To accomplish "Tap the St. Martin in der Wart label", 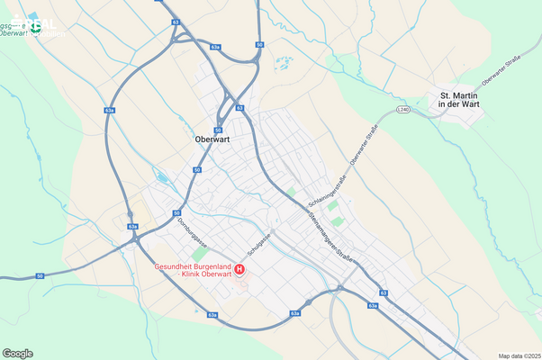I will [456, 99].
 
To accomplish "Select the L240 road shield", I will [402, 110].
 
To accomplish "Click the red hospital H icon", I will [239, 270].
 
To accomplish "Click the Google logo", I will [18, 353].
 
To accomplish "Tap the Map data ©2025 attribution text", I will [519, 355].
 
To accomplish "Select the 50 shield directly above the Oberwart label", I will [218, 129].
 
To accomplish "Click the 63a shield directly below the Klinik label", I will [212, 315].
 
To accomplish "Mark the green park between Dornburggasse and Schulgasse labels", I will [198, 256].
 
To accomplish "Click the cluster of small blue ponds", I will [285, 65].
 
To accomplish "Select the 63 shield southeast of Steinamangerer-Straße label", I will [384, 292].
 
